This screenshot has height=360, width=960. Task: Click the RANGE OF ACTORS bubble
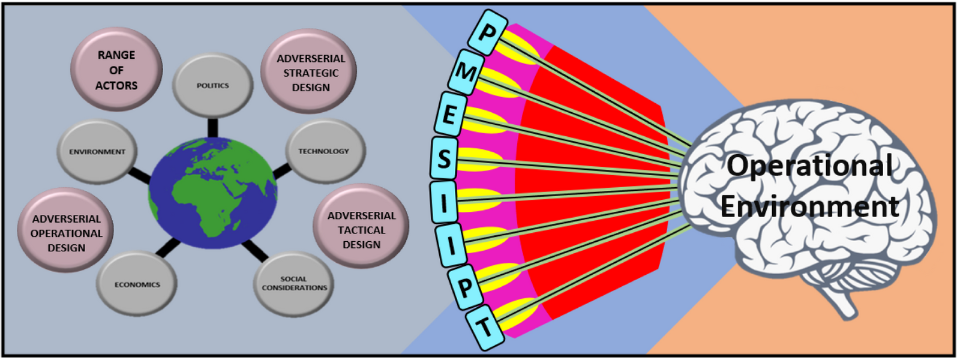pos(116,70)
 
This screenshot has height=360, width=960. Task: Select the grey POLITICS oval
pos(212,85)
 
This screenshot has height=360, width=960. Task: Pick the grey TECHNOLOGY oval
pos(324,151)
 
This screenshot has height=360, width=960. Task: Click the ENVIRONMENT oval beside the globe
pos(97,152)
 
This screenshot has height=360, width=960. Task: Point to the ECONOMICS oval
pos(137,284)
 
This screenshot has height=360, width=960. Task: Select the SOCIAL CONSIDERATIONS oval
pos(294,283)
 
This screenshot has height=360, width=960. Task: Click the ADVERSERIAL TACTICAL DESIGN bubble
pos(361,230)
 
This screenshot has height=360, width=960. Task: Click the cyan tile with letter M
pos(465,73)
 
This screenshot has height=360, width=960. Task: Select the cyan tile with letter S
pos(444,159)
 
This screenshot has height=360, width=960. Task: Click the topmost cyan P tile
pos(487,32)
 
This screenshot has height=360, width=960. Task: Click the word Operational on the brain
pos(809,166)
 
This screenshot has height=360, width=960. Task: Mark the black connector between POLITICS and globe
pos(212,127)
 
